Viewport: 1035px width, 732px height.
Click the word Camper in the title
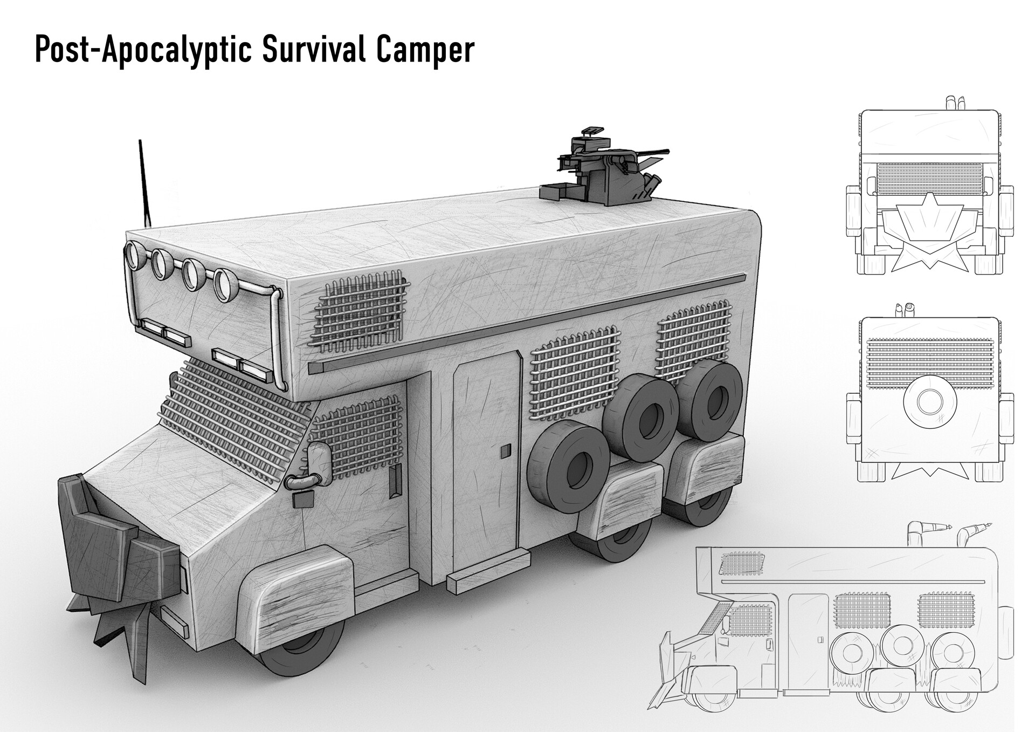[425, 51]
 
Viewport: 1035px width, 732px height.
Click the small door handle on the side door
[505, 451]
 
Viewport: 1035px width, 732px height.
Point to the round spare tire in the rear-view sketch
[928, 401]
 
